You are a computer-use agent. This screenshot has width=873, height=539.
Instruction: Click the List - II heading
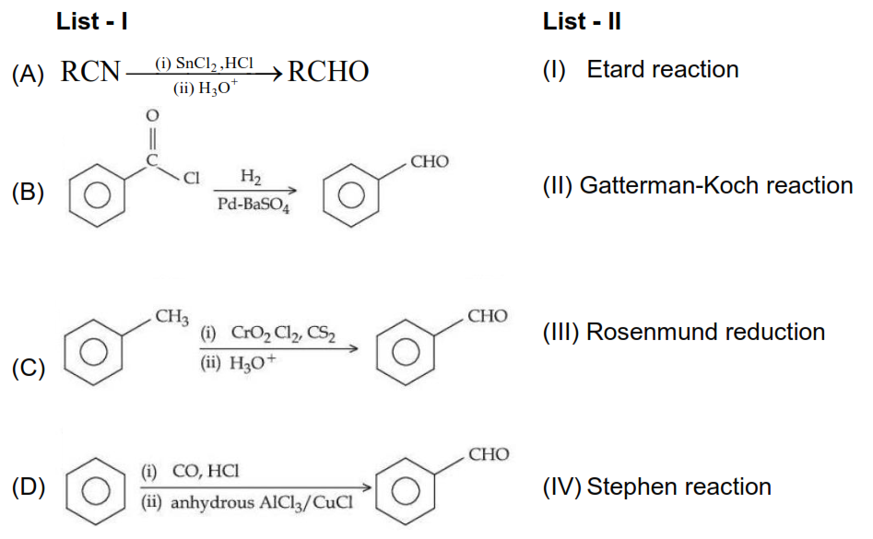(582, 22)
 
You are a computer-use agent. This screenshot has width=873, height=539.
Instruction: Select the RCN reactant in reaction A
(91, 72)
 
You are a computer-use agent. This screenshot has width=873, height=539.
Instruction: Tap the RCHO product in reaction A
(328, 72)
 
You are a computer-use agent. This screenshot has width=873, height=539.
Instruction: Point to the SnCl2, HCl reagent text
(204, 64)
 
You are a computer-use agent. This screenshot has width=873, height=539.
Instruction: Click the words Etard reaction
(663, 69)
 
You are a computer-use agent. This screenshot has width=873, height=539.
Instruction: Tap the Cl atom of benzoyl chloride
(192, 179)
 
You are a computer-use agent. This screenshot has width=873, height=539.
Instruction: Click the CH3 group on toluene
(171, 319)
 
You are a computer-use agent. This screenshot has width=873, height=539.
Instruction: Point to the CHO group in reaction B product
(430, 162)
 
